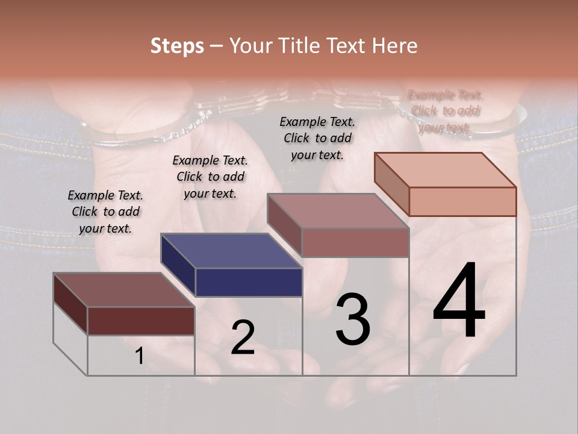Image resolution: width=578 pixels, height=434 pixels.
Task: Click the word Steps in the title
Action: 177,46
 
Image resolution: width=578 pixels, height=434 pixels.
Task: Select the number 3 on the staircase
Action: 353,319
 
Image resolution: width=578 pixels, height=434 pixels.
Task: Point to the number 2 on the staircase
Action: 243,338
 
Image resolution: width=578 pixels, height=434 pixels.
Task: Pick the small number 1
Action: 139,356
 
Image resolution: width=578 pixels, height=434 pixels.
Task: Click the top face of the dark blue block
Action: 231,251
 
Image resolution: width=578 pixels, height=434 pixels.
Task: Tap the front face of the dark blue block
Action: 249,282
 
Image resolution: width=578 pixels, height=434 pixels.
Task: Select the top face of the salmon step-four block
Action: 446,170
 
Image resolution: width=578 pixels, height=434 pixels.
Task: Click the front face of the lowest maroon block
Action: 141,321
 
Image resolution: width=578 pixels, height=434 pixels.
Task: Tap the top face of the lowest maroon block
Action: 123,290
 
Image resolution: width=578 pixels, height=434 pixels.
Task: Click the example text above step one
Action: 105,212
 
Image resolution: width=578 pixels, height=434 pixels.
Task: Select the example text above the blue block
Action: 210,177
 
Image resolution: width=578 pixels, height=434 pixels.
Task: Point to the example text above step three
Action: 317,138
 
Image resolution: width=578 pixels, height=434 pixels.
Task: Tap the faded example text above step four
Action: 445,111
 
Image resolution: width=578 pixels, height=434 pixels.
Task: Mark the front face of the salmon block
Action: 462,201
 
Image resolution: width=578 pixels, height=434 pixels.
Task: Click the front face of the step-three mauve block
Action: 355,242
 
